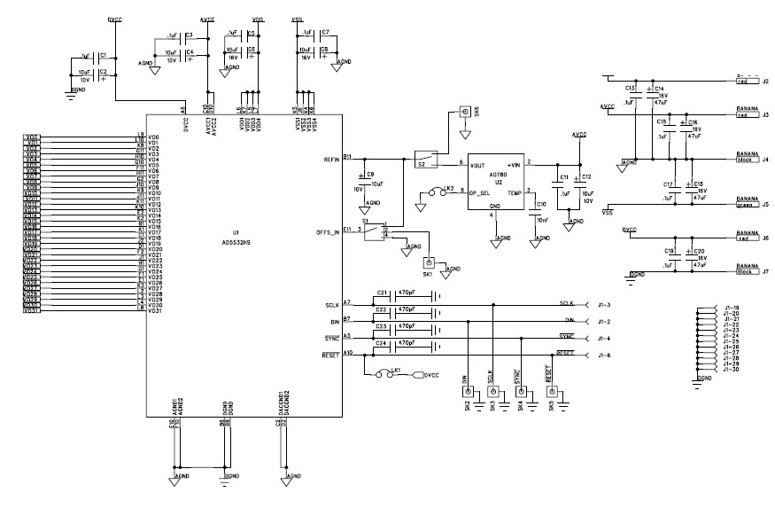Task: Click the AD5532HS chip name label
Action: [235, 241]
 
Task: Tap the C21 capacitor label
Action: [383, 293]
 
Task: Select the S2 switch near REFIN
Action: [422, 160]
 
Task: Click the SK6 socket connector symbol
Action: [463, 113]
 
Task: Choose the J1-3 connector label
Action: [604, 304]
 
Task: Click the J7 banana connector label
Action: [764, 271]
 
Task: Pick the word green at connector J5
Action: [744, 206]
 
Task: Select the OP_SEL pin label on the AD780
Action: [480, 191]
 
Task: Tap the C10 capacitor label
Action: [541, 205]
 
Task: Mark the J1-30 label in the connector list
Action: [731, 369]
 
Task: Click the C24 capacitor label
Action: [383, 342]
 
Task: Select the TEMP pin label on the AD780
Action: [515, 191]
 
